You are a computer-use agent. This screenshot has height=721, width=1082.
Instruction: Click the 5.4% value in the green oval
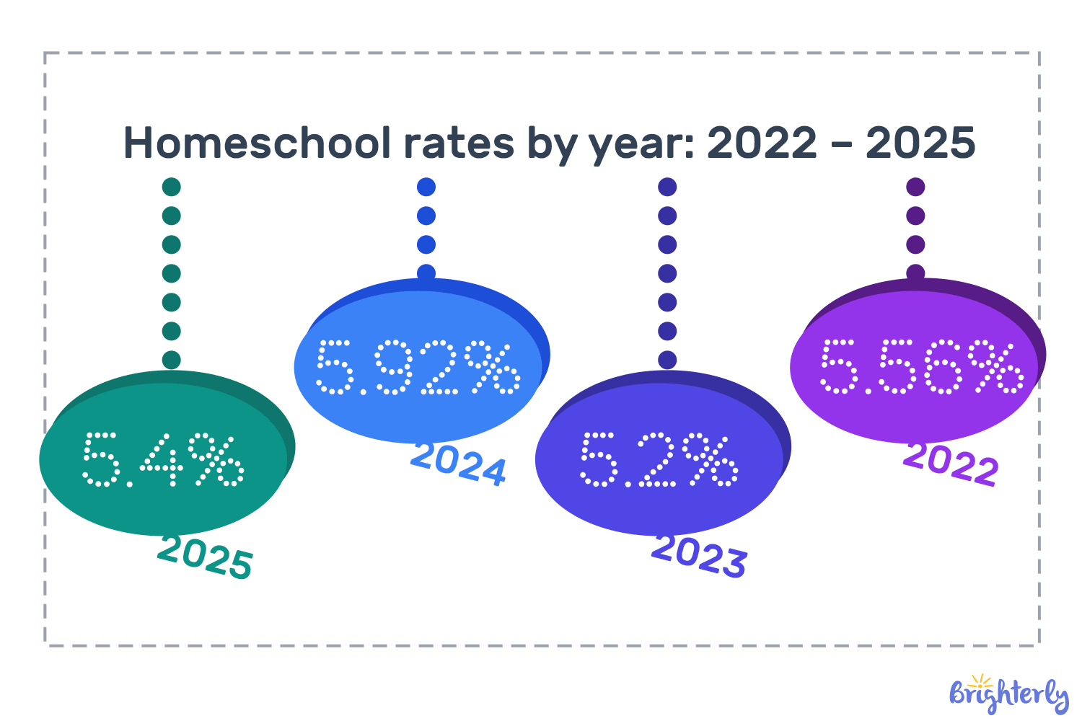coord(163,459)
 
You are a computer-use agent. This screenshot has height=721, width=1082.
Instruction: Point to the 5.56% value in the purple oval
coord(921,367)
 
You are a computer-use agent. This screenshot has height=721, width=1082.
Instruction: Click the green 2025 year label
coord(206,557)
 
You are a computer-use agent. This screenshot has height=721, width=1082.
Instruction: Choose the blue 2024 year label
coord(459,464)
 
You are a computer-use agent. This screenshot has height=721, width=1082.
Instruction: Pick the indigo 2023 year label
coord(699,555)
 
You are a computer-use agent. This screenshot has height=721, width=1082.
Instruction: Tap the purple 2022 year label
coord(951,464)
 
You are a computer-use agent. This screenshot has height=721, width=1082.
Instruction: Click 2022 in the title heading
coord(762,143)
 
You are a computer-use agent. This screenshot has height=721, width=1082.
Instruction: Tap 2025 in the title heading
coord(920,143)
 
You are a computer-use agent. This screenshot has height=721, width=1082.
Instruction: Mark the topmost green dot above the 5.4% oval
coord(171,187)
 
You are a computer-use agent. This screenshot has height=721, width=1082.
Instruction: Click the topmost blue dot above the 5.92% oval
coord(426,187)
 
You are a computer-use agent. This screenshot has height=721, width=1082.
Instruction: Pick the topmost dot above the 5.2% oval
coord(667,187)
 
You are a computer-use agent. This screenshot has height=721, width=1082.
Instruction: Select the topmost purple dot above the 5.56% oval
coord(915,187)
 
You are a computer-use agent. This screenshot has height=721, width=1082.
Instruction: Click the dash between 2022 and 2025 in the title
coord(841,144)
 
